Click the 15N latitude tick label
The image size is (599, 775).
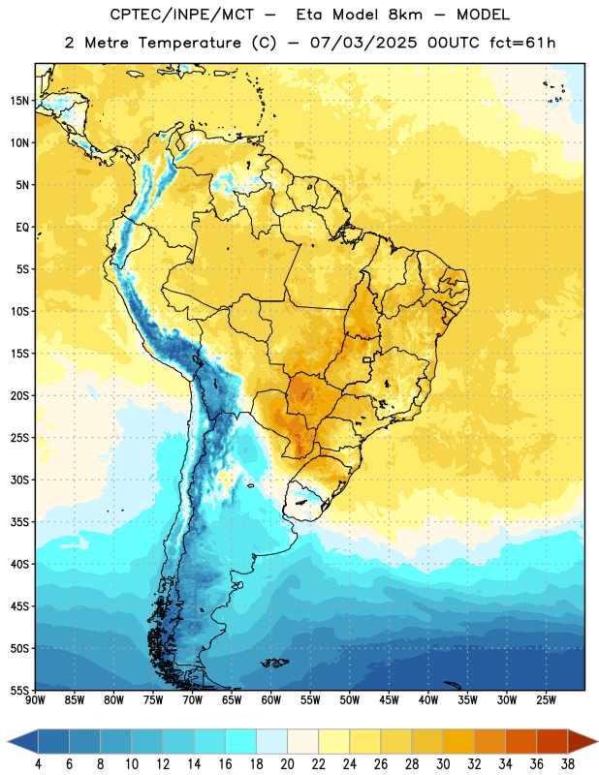(x=19, y=101)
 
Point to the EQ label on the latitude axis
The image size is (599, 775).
(x=22, y=228)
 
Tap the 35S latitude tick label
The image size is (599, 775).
(x=19, y=522)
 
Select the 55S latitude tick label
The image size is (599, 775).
(x=19, y=691)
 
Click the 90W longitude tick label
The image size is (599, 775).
(x=35, y=700)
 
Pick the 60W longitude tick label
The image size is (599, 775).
(x=271, y=700)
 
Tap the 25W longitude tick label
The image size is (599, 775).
(x=546, y=700)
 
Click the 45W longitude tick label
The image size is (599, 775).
(x=389, y=700)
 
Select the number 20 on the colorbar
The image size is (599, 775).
(x=287, y=764)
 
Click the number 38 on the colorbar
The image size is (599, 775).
(x=568, y=764)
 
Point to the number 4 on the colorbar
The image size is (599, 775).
(x=38, y=764)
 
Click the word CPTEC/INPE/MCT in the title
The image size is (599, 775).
(x=182, y=15)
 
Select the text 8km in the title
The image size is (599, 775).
(x=405, y=15)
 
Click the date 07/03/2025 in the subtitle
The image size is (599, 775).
(x=363, y=43)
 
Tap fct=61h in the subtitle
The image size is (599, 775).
(x=522, y=43)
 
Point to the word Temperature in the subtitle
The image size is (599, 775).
(x=189, y=43)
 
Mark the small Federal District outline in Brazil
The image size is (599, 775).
(x=367, y=359)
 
